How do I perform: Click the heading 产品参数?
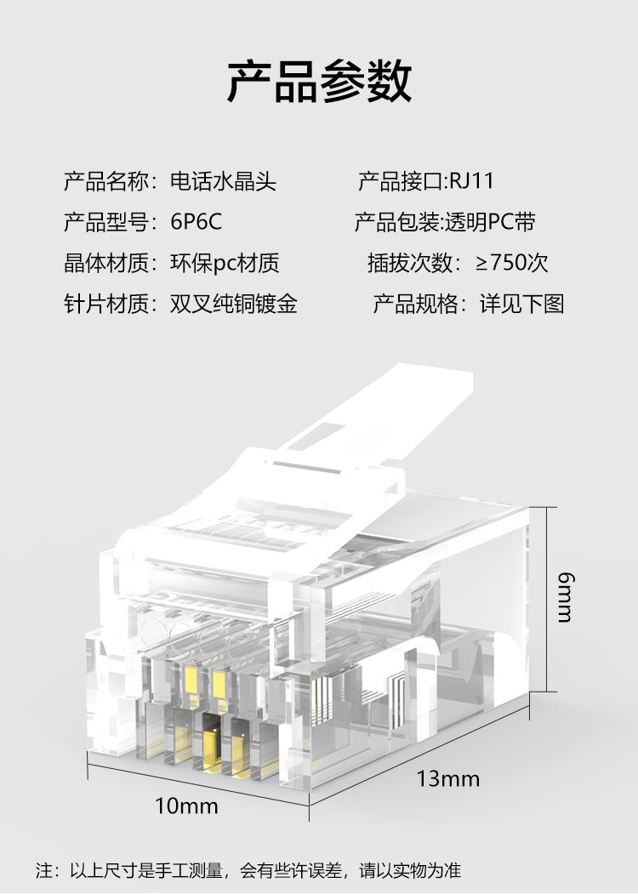(319, 83)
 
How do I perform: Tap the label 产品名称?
(105, 181)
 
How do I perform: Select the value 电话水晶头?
(223, 181)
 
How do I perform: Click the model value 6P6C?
(197, 223)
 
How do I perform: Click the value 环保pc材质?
(225, 264)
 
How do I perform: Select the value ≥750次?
(512, 263)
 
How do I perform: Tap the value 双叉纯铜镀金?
(234, 305)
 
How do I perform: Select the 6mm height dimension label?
(564, 596)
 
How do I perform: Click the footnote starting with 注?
(248, 870)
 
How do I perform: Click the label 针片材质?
(105, 305)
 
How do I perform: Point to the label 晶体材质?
(105, 264)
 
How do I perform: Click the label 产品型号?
(105, 223)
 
